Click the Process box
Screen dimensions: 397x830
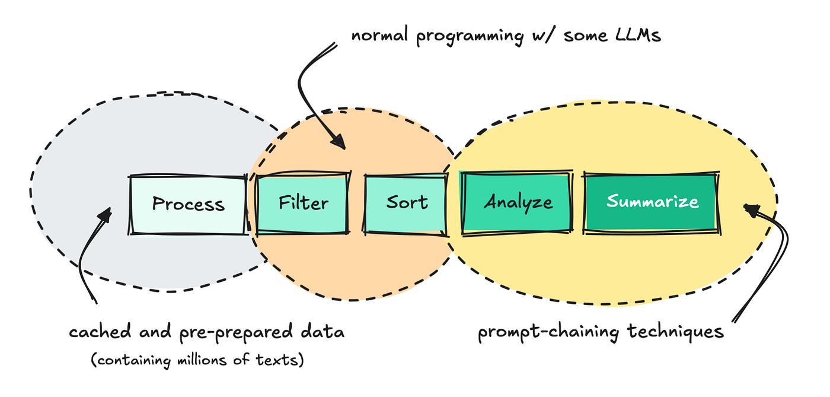(188, 204)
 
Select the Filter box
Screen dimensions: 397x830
(303, 203)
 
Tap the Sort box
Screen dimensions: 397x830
(406, 203)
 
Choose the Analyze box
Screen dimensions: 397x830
(518, 203)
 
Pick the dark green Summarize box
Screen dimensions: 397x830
(652, 202)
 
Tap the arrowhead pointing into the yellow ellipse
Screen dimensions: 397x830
(751, 208)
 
